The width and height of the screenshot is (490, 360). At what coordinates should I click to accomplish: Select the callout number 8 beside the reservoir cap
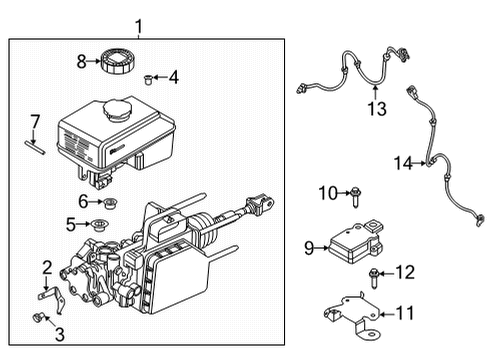coord(82,61)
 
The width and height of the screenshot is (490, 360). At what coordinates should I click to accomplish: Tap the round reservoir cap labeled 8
coord(113,60)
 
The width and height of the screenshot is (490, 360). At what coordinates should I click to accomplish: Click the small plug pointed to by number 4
coord(148,77)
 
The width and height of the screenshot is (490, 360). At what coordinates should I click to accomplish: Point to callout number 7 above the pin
coord(35,121)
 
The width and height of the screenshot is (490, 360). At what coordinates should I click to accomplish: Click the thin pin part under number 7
coord(35,148)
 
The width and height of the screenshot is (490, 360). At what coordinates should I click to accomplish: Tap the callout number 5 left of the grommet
coord(70,224)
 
